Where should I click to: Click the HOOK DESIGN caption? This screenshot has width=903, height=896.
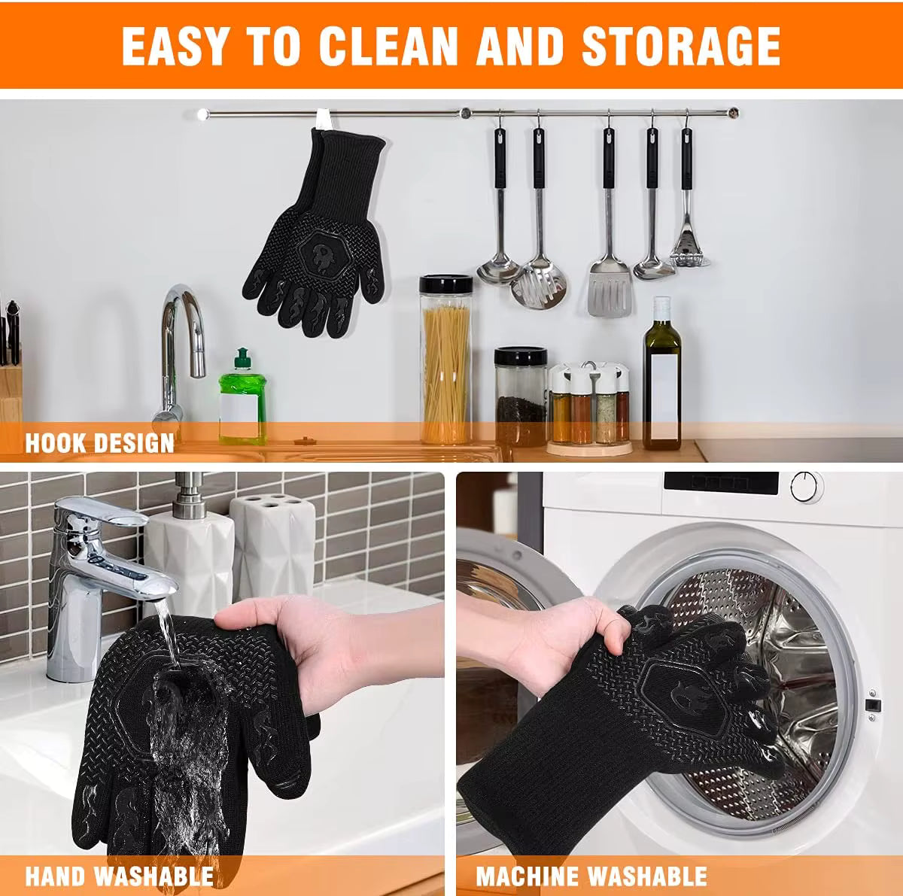click(x=99, y=442)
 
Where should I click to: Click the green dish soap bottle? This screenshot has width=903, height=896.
click(x=242, y=398)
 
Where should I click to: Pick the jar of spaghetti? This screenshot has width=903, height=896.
click(x=445, y=361)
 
